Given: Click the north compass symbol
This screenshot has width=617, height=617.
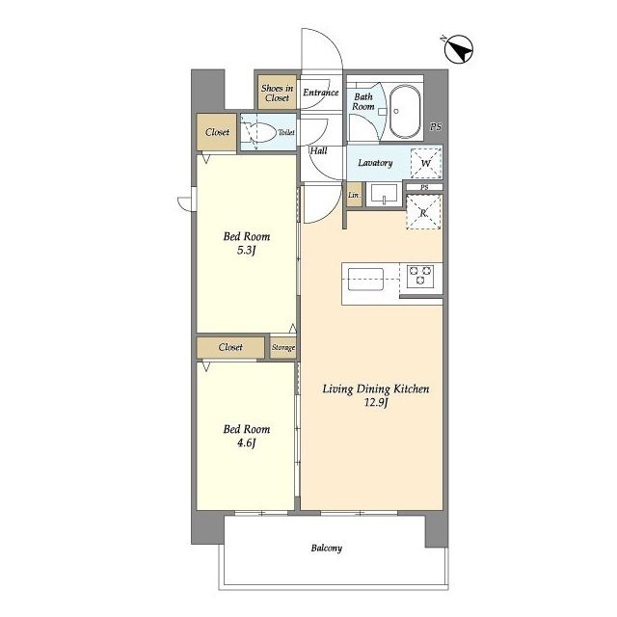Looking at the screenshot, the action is tap(459, 49).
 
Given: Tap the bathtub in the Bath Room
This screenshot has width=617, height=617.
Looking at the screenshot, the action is tap(405, 111).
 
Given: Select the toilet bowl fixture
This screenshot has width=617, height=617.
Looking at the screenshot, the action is tap(259, 132).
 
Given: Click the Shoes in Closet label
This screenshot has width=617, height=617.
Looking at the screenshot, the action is tap(277, 93).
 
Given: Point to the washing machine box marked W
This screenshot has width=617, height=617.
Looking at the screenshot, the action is tap(426, 163).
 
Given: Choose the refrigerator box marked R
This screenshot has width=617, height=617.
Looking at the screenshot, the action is tap(423, 212).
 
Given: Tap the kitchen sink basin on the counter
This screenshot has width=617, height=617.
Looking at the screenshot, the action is tap(365, 280).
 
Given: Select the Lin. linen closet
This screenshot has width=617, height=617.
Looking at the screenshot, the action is tap(354, 195).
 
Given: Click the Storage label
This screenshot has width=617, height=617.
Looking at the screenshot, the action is tap(283, 347).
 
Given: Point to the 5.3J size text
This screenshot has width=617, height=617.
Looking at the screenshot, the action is tap(247, 251).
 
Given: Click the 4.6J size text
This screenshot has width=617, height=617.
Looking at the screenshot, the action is tap(247, 443).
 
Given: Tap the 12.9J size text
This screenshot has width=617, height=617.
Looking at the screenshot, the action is tap(376, 403).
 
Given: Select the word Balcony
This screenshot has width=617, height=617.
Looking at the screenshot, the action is tap(327, 548).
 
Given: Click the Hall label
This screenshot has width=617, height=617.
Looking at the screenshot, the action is tap(318, 150).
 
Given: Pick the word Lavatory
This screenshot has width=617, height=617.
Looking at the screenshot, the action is tap(375, 163).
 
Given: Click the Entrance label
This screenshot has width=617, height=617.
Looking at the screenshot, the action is tap(321, 93).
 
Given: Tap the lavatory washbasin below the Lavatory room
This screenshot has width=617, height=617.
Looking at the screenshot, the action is tap(384, 195).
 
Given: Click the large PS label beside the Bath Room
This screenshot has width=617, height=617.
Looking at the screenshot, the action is tap(436, 126).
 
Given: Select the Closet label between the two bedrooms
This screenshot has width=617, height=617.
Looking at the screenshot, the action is tap(230, 347).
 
